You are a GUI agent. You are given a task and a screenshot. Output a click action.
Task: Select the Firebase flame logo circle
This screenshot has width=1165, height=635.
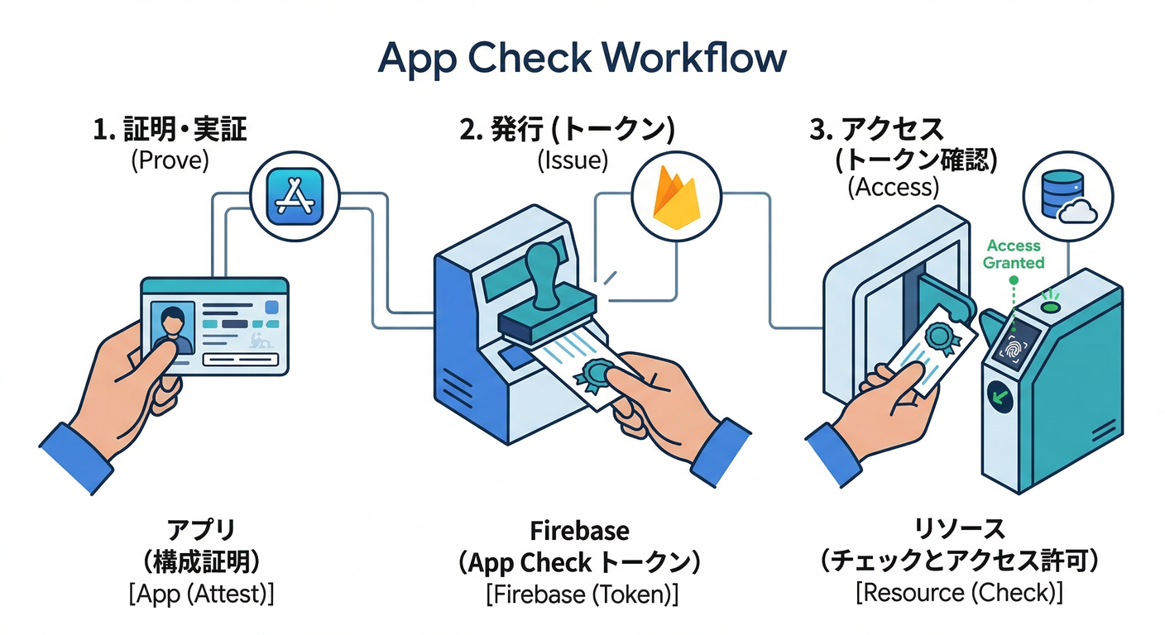click(x=675, y=198)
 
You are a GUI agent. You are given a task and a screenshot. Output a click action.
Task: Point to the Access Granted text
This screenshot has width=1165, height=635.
click(x=1014, y=254)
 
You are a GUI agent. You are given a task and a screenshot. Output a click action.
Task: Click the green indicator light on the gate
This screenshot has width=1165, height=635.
click(x=1052, y=308)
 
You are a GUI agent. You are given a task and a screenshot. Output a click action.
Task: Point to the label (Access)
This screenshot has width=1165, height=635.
click(x=893, y=187)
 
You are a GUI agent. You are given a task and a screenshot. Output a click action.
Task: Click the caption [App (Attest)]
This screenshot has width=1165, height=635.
click(x=201, y=594)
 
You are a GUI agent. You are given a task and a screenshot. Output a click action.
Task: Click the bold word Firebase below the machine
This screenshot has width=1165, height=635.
click(x=579, y=530)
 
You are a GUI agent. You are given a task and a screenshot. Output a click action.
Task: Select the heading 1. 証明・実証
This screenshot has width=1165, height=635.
click(x=170, y=130)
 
